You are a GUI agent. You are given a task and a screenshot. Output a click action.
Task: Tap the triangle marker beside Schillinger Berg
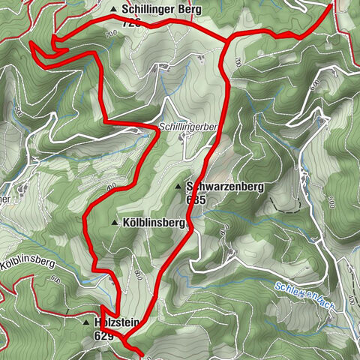pos(114,10)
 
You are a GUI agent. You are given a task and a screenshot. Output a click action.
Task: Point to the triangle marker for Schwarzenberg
pos(178,187)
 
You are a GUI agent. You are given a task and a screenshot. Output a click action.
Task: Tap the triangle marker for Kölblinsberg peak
pos(114,223)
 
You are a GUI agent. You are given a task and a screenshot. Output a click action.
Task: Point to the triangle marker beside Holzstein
pos(87,322)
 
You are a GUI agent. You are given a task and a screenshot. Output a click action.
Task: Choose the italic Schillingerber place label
pos(187,127)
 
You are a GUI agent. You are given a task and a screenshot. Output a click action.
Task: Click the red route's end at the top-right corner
pos(331,4)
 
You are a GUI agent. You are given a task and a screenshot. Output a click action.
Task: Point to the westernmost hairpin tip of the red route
pos(32,43)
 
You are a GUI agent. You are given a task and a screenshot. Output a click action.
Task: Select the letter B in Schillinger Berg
pos(178,9)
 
